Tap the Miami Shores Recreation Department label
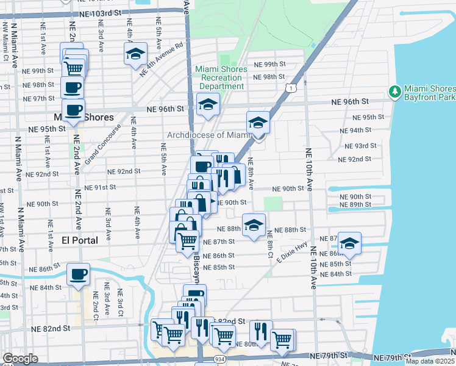coord(221,77)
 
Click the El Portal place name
coord(80,241)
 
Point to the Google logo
coord(20,359)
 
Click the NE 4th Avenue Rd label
coord(162,59)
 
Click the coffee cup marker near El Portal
coord(78,274)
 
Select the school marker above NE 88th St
coord(254,224)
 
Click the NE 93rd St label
coord(357,146)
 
